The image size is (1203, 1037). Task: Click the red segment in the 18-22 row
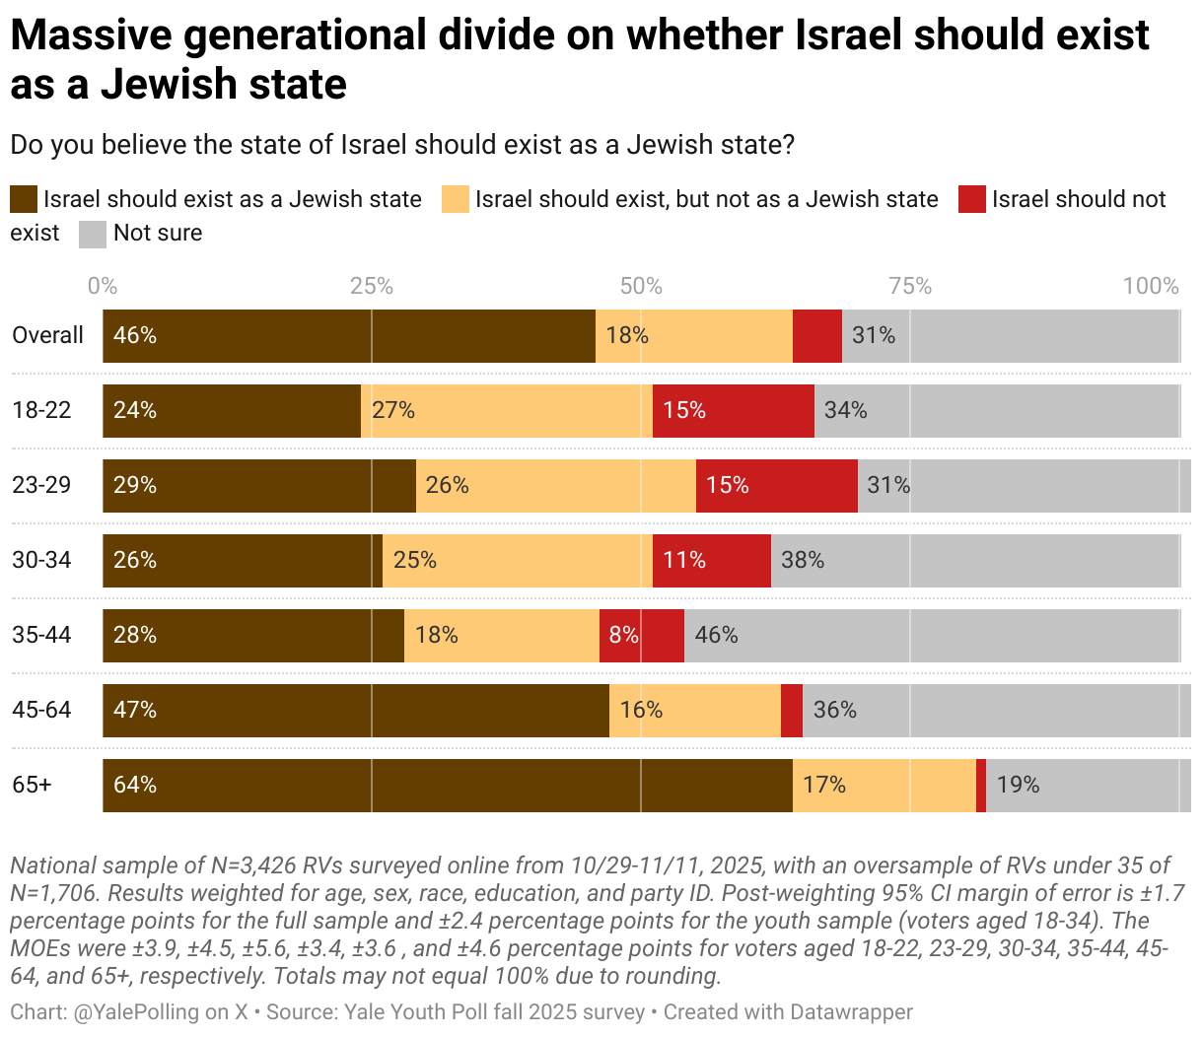733,410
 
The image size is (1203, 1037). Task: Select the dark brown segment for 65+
447,785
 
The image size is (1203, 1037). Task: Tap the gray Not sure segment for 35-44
932,635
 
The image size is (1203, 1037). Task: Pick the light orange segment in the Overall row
693,335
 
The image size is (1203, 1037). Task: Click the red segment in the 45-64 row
791,710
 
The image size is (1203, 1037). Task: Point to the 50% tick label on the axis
641,286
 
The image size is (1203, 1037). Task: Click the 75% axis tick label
910,286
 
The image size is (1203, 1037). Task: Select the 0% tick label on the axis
102,286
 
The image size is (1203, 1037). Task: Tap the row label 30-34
41,560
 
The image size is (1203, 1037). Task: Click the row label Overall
47,335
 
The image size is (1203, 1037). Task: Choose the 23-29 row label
41,485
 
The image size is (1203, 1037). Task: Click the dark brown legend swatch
24,199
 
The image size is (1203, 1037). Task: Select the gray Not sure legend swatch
92,234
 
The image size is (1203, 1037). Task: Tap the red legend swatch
971,199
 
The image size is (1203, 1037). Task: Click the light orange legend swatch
455,199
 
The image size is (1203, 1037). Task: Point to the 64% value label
135,785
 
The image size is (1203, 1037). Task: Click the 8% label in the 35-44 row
623,635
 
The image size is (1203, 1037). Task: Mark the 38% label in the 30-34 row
803,560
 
